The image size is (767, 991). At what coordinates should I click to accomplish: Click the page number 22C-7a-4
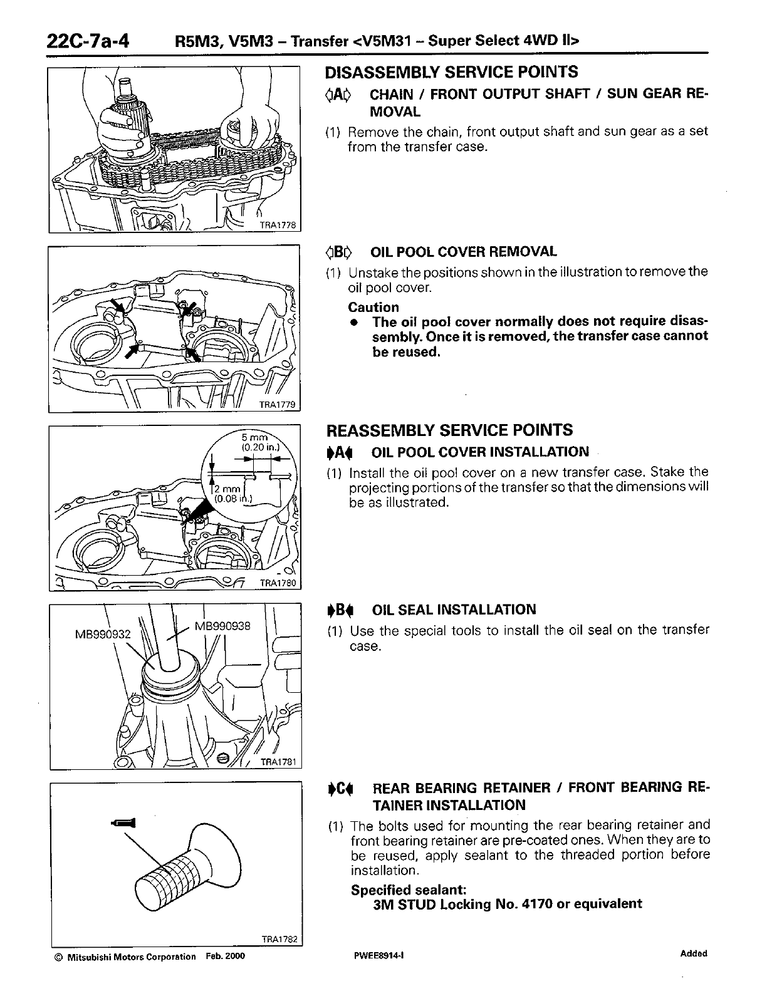click(88, 41)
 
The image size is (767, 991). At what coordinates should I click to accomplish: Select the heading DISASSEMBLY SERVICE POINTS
click(451, 73)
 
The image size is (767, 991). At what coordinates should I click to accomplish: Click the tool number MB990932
click(103, 634)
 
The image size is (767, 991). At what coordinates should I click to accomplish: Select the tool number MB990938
click(222, 625)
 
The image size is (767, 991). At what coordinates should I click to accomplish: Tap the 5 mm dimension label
click(255, 437)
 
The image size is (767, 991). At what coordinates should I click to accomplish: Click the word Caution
click(373, 307)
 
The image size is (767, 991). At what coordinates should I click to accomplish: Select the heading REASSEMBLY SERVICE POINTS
click(449, 430)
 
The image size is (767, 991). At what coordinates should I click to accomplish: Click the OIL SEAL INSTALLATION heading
click(454, 610)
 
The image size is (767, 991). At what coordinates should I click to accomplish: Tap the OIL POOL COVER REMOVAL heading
click(463, 252)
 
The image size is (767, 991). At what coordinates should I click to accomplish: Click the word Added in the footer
click(693, 953)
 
